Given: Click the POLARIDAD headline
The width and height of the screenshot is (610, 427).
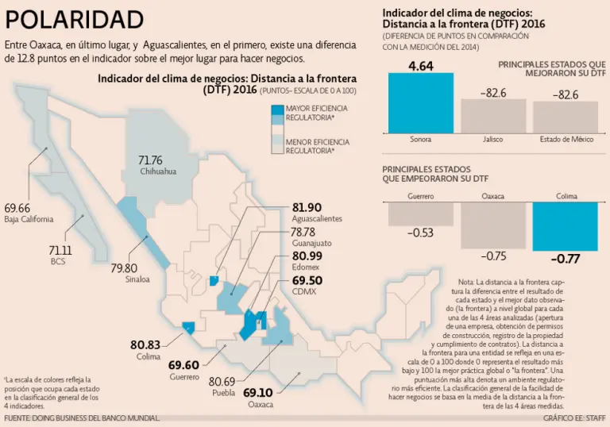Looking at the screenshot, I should (75, 19).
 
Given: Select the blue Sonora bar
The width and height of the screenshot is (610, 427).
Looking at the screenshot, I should (420, 102).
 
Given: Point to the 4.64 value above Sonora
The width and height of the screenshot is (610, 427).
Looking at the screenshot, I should (420, 66).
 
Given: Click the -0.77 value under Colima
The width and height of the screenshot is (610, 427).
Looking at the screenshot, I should (566, 258).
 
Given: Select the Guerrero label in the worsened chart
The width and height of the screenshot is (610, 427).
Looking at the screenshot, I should (421, 194).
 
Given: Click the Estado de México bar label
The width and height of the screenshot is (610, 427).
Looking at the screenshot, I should (566, 140).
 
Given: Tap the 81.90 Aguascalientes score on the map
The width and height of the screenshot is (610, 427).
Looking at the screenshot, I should (307, 206).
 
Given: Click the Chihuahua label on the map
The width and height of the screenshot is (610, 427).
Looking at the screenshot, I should (157, 171).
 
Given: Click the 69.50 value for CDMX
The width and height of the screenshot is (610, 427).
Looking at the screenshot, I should (307, 280).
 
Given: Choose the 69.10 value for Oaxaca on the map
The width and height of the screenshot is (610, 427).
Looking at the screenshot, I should (258, 392).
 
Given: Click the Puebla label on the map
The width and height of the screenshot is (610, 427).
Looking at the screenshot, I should (225, 393).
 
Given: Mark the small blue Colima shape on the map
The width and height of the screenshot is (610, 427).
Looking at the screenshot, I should (189, 326).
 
